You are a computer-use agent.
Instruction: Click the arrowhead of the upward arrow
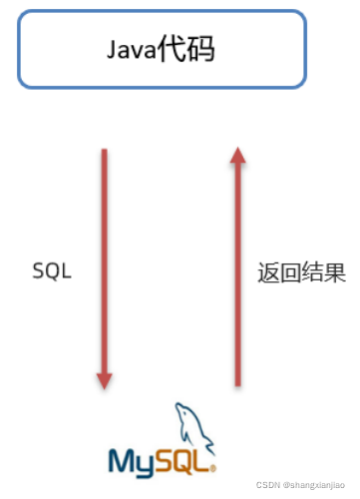click(237, 153)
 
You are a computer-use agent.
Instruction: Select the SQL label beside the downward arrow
click(52, 270)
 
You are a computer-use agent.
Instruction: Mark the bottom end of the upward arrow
click(237, 384)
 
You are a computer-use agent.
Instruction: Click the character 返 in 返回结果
click(265, 270)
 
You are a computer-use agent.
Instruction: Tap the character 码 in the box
click(205, 49)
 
